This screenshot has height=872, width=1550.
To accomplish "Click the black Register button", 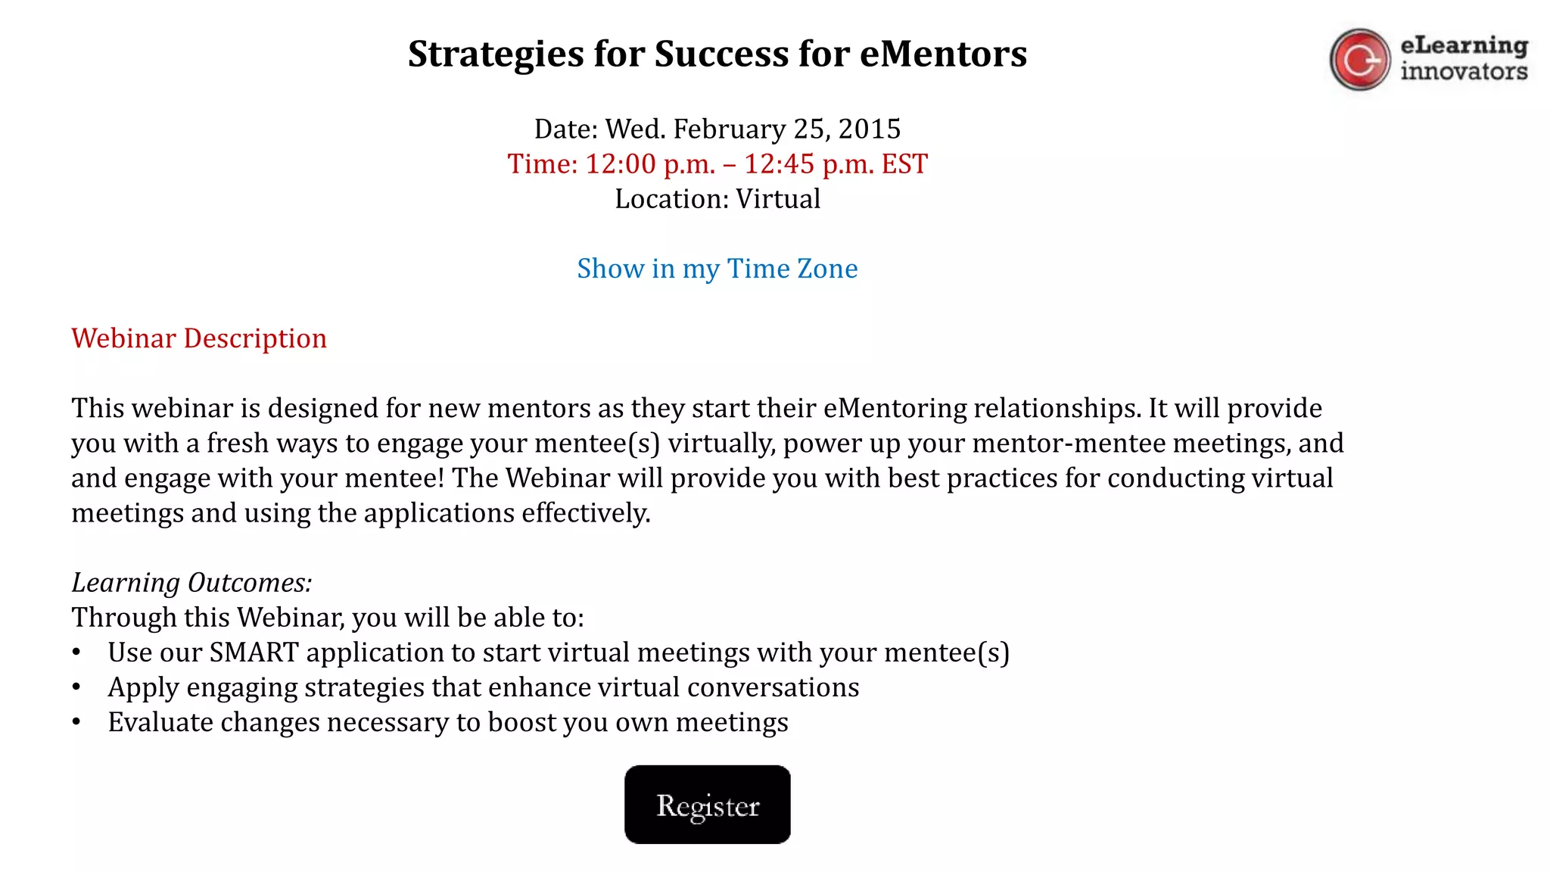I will pos(707,805).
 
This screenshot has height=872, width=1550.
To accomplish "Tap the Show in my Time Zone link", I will pos(717,269).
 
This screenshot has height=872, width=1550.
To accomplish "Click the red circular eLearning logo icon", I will pos(1359,60).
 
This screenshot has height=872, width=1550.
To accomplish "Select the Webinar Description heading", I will pos(199,338).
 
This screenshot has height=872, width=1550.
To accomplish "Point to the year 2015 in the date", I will pos(869,129).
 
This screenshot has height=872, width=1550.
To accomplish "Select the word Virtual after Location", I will pos(778,199).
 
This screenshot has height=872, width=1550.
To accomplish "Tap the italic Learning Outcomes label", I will pos(191,583).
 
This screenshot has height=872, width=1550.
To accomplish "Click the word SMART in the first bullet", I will pos(254,652).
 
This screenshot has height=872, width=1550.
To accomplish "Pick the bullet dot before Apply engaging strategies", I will pos(76,687).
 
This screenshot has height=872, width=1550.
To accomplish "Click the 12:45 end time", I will pos(779,164).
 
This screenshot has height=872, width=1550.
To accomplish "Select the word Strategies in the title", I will pos(496,54).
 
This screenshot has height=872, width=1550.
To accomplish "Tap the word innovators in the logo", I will pos(1464,72).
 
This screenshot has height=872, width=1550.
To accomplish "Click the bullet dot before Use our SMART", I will pos(76,652).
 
